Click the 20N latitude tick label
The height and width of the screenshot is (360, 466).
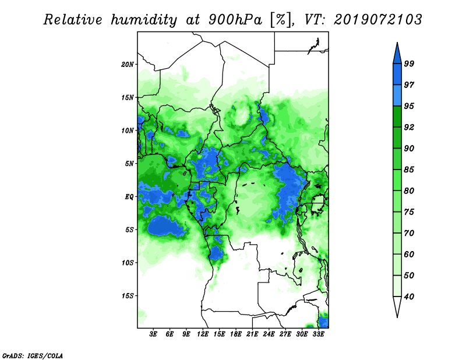(x=128, y=64)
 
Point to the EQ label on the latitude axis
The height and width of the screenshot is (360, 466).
(x=129, y=196)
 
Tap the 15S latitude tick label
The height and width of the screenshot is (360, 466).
(x=128, y=296)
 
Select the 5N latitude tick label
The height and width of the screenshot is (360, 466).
(x=129, y=164)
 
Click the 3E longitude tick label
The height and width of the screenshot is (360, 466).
(x=153, y=334)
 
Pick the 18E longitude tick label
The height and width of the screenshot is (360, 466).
(x=236, y=334)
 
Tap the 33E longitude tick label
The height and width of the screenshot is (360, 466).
(x=318, y=334)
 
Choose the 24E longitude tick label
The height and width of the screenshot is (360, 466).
(x=269, y=334)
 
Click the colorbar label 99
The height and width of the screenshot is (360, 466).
(x=409, y=63)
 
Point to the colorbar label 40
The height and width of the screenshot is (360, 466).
(x=409, y=297)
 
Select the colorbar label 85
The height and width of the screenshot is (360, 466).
(x=409, y=170)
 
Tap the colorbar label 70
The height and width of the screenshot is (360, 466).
(x=409, y=233)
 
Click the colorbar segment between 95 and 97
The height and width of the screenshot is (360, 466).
(x=397, y=96)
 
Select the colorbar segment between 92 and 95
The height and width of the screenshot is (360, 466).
(x=397, y=117)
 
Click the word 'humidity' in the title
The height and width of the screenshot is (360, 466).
(x=144, y=20)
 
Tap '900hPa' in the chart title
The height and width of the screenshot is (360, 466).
(x=236, y=20)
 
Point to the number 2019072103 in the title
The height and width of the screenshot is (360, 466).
(x=377, y=20)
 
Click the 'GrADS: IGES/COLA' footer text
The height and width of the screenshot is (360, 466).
(x=33, y=355)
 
